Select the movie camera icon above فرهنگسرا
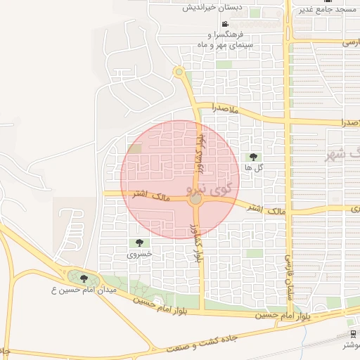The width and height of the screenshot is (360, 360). point(224,24)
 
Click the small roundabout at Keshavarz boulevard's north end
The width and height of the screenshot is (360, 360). point(179,72)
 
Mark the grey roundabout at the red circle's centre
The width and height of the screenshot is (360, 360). point(195,200)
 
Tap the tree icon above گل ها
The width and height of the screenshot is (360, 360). point(253,157)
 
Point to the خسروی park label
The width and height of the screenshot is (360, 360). point(139,255)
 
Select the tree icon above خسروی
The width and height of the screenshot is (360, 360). point(139,243)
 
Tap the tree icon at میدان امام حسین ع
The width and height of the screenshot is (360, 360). point(84,279)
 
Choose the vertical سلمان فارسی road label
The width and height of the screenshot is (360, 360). point(288,278)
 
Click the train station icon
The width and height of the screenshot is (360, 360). point(351,334)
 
